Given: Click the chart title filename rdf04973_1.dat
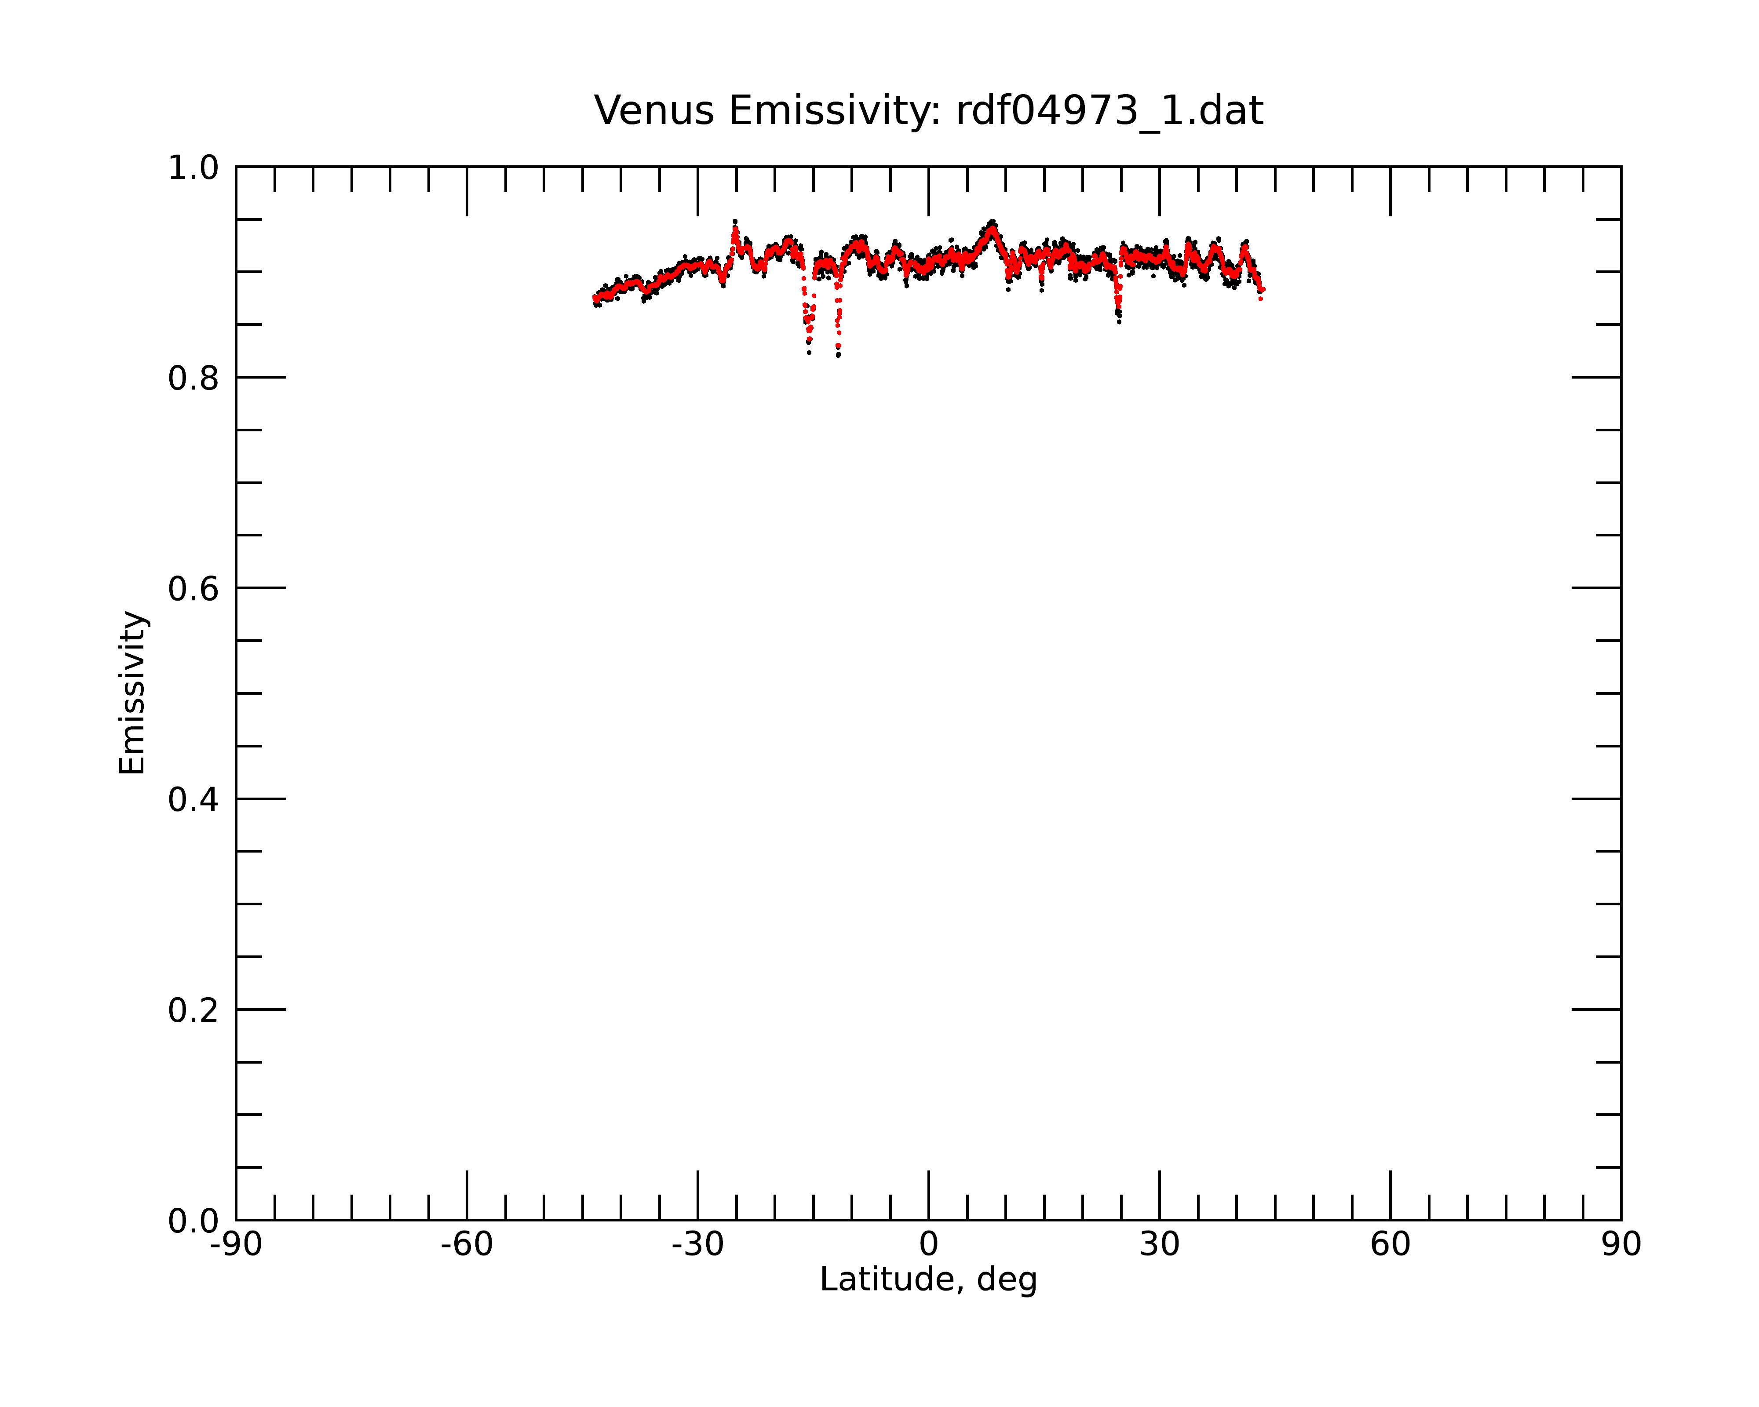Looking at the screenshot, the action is (1109, 111).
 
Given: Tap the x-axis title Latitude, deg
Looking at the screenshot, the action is (928, 1280).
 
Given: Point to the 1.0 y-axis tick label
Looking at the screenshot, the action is (193, 169).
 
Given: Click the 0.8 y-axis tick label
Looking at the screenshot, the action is (193, 379).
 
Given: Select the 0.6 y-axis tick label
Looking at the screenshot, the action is (193, 589).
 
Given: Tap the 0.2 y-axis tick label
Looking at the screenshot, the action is (193, 1010).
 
